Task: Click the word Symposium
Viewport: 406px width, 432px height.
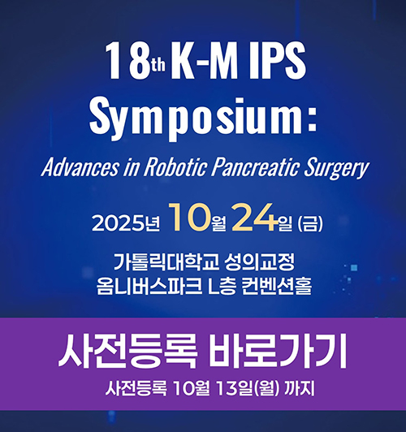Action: tap(197, 119)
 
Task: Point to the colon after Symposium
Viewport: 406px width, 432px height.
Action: tap(312, 120)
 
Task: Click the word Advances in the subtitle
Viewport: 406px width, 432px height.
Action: tap(80, 167)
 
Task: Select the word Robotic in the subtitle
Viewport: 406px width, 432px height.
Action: tap(175, 167)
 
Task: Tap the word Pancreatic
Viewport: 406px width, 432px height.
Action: tap(255, 167)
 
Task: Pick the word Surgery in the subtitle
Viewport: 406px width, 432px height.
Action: tap(336, 168)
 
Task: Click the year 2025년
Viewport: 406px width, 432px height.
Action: tap(126, 223)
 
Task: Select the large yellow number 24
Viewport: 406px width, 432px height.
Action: tap(254, 217)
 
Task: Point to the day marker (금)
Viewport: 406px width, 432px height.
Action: tap(310, 224)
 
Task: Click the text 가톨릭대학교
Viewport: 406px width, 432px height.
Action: tap(166, 261)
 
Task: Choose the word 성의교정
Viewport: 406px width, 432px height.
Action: tap(260, 261)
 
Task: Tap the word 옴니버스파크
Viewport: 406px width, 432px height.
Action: tap(149, 286)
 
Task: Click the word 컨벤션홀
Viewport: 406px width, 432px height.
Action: tap(277, 286)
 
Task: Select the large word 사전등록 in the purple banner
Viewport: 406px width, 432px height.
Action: tap(127, 352)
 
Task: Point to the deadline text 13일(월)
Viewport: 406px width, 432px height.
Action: tap(248, 389)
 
